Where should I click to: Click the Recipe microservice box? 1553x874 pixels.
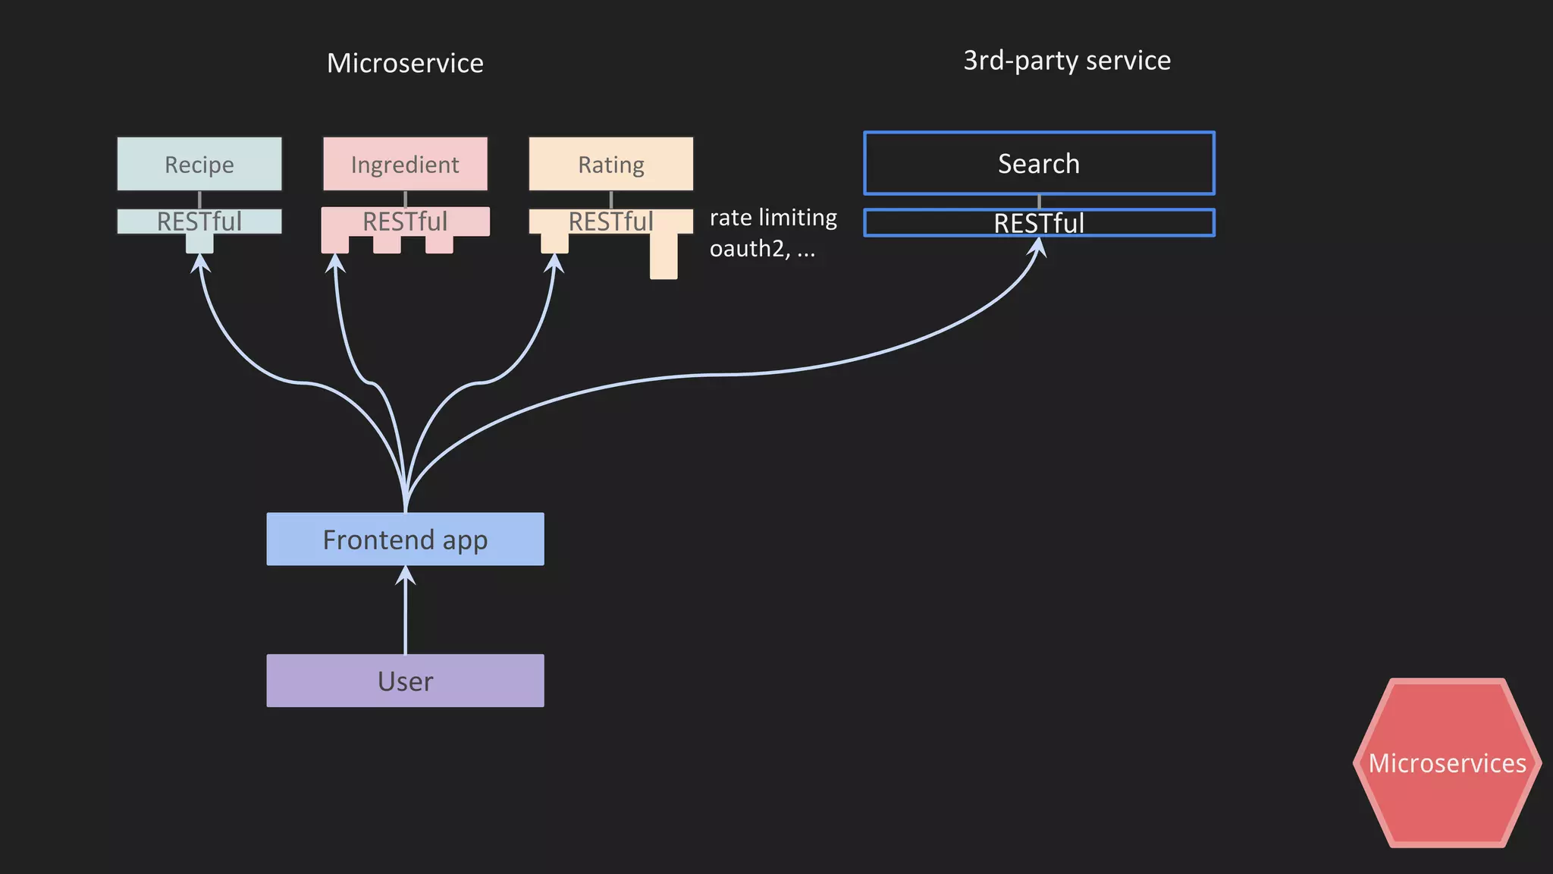pyautogui.click(x=199, y=164)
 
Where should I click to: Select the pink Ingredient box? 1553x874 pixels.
pyautogui.click(x=405, y=164)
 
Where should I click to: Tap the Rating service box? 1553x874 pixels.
pyautogui.click(x=610, y=164)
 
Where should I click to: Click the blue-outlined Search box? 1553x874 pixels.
pyautogui.click(x=1039, y=163)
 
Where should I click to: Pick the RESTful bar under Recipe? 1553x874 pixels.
pyautogui.click(x=199, y=222)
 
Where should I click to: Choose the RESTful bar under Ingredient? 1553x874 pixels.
pyautogui.click(x=405, y=222)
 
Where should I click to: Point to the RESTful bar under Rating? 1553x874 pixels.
pyautogui.click(x=610, y=222)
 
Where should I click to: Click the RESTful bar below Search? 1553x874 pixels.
pyautogui.click(x=1039, y=223)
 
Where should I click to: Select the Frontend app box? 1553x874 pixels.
pyautogui.click(x=405, y=539)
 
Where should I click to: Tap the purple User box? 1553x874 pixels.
pyautogui.click(x=405, y=681)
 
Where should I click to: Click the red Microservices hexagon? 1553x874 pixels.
pyautogui.click(x=1447, y=763)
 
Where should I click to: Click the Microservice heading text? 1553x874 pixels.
pyautogui.click(x=405, y=63)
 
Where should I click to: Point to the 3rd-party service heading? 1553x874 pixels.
pyautogui.click(x=1067, y=61)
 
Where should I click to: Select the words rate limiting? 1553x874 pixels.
pyautogui.click(x=773, y=218)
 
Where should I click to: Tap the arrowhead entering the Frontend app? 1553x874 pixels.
pyautogui.click(x=406, y=575)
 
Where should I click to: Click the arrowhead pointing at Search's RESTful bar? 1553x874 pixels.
pyautogui.click(x=1037, y=247)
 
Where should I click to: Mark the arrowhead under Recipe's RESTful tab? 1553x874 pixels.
pyautogui.click(x=199, y=263)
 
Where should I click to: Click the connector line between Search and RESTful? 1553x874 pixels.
pyautogui.click(x=1039, y=202)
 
